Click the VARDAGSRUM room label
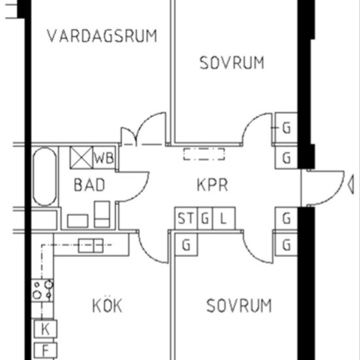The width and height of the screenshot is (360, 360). [x=102, y=36]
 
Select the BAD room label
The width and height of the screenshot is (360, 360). [x=89, y=185]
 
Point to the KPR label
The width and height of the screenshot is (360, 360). [x=212, y=185]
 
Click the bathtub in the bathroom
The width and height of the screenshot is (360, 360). [x=45, y=177]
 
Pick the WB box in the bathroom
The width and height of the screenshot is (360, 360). [x=104, y=158]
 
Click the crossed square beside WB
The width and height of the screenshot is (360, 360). [x=81, y=158]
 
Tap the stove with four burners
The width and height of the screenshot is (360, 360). [x=43, y=291]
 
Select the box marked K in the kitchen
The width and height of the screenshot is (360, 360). [x=45, y=329]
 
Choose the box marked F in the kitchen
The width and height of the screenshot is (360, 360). [x=45, y=350]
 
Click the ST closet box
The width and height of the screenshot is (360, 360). [x=186, y=218]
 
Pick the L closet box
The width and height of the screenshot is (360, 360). [x=224, y=218]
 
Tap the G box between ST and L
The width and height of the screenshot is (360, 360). [x=205, y=218]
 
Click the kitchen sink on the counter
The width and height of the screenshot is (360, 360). [x=90, y=245]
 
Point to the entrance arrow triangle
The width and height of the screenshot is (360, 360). [x=351, y=185]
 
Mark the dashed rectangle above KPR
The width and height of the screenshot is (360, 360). [x=204, y=154]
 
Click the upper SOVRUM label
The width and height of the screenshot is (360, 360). [x=232, y=63]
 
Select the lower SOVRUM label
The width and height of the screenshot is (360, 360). [x=239, y=306]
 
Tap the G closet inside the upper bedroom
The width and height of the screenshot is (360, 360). [x=286, y=128]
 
